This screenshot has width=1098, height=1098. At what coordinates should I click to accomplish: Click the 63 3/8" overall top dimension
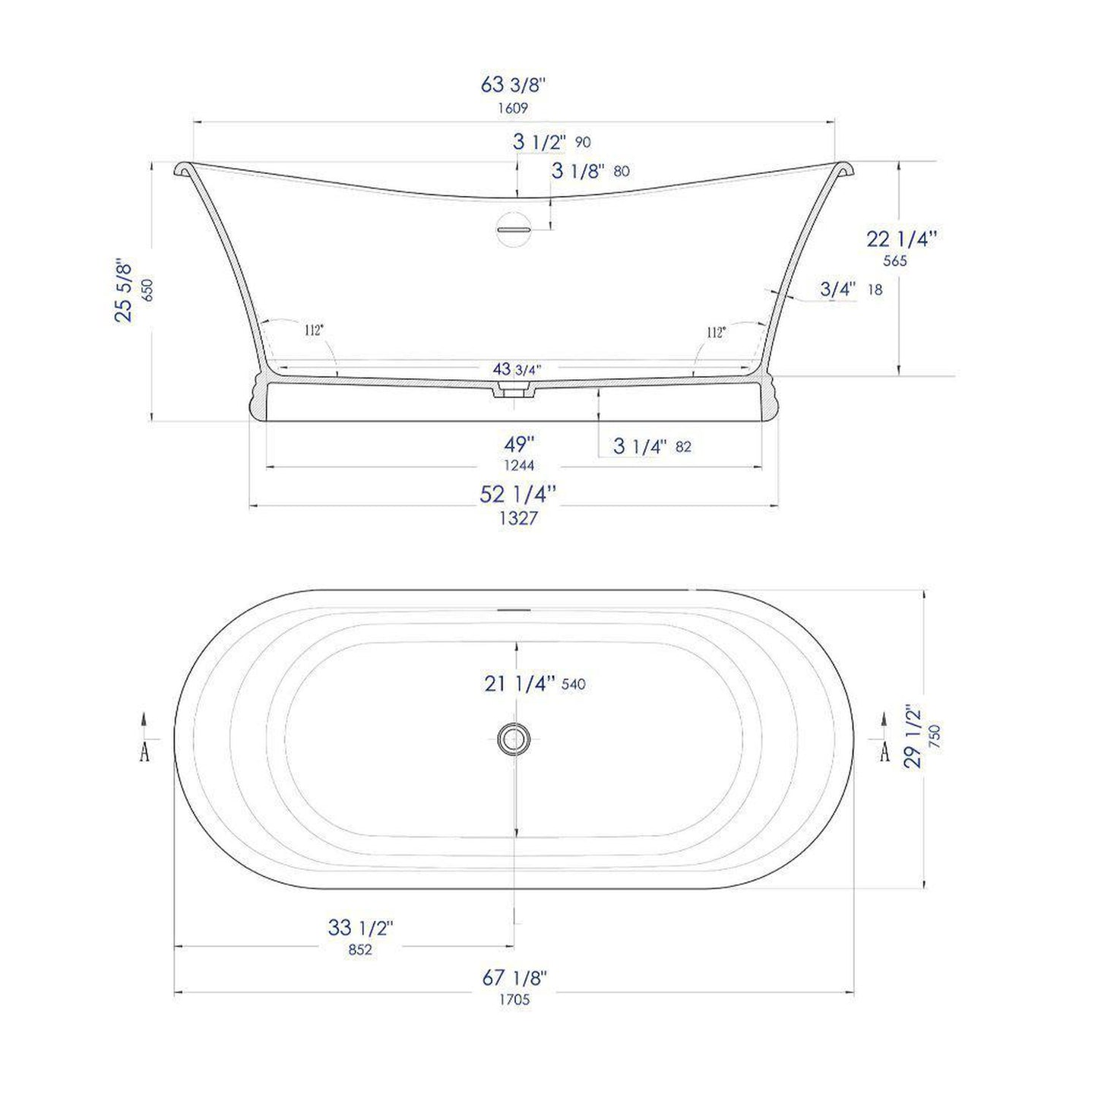tap(514, 84)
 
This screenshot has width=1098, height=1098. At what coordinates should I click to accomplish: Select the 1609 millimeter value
tap(513, 108)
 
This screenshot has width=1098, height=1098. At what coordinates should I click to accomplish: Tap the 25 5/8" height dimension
tap(124, 291)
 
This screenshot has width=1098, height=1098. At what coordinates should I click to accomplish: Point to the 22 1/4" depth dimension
tap(901, 239)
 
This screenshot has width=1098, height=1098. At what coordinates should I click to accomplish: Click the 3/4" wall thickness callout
tap(838, 289)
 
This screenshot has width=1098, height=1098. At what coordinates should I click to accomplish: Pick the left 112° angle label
tap(314, 331)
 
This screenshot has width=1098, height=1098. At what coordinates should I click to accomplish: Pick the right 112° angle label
tap(716, 332)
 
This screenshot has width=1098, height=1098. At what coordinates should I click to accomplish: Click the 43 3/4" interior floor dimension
tap(517, 370)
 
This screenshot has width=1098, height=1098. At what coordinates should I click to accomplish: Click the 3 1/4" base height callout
tap(640, 446)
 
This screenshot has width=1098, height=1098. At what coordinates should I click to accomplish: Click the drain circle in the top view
tap(514, 736)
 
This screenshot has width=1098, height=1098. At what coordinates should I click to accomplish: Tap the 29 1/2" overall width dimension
tap(913, 736)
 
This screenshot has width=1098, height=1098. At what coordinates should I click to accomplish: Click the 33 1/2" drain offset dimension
tap(360, 928)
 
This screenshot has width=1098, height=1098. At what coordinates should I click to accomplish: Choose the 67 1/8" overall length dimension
tap(514, 978)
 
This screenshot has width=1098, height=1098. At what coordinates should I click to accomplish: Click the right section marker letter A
tap(884, 752)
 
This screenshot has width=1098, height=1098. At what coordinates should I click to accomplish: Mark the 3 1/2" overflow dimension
tap(540, 142)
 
